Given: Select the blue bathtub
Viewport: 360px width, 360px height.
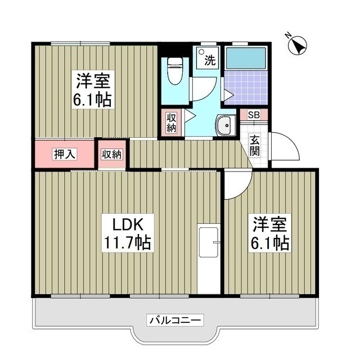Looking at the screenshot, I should (245, 58).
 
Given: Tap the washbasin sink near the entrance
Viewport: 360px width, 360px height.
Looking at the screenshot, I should (226, 124).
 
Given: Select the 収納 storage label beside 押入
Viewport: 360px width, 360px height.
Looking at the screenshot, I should (112, 154).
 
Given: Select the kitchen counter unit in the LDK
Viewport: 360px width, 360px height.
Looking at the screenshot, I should (208, 259).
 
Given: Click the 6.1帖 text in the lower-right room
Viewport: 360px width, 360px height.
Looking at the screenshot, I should (271, 242).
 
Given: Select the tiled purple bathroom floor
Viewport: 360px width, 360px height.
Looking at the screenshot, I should (246, 87).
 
